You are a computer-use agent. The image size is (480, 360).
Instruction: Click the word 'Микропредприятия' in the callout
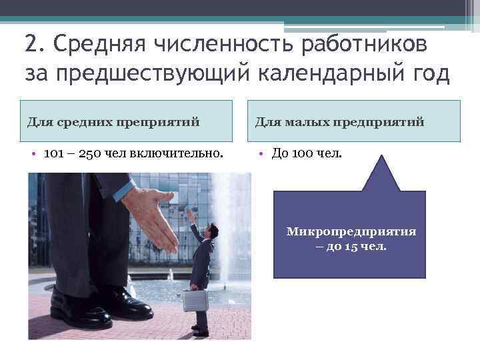click(351, 231)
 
